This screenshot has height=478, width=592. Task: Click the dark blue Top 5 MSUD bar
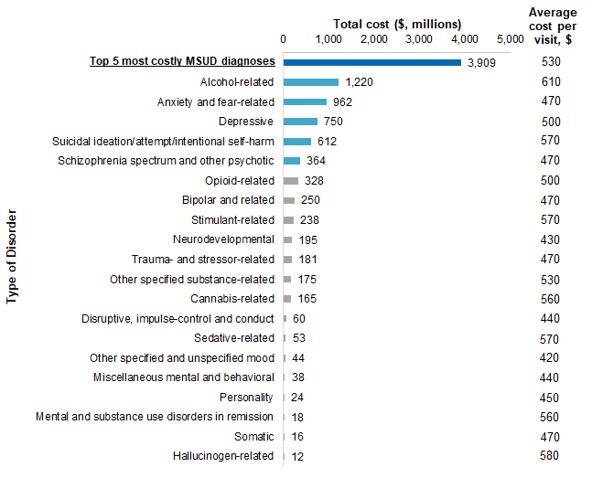pyautogui.click(x=371, y=62)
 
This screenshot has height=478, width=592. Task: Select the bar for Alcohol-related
pyautogui.click(x=311, y=82)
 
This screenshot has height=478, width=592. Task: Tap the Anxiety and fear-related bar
pyautogui.click(x=305, y=101)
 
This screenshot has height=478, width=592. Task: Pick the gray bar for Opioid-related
pyautogui.click(x=291, y=181)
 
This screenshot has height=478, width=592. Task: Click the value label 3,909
pyautogui.click(x=481, y=63)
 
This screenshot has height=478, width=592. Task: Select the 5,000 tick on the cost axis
pyautogui.click(x=510, y=39)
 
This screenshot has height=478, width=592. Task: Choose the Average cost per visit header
pyautogui.click(x=553, y=26)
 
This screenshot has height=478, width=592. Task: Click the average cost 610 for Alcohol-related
pyautogui.click(x=552, y=82)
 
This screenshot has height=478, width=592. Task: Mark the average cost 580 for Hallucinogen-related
pyautogui.click(x=552, y=456)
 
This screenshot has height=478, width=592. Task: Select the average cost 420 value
pyautogui.click(x=552, y=357)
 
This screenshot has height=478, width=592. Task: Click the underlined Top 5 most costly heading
pyautogui.click(x=181, y=62)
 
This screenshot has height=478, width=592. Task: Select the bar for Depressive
pyautogui.click(x=300, y=122)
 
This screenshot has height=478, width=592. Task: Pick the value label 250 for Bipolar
pyautogui.click(x=310, y=200)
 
